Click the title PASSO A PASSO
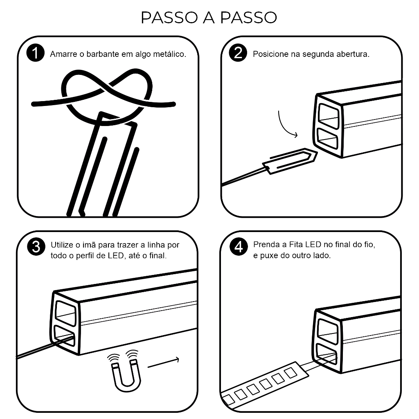(209, 18)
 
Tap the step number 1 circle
(35, 53)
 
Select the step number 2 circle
(238, 53)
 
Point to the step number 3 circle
(36, 246)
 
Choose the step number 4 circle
(239, 246)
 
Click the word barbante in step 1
(102, 54)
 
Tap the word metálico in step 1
(169, 54)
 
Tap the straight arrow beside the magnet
(163, 363)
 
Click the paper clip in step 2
(290, 161)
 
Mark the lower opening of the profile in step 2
(327, 139)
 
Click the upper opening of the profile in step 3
(65, 313)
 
